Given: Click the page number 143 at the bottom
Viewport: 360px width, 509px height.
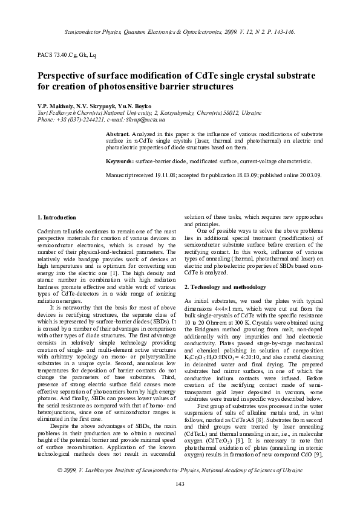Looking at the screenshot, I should pos(180,483).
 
